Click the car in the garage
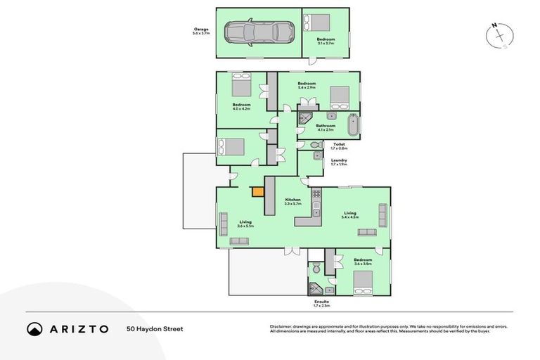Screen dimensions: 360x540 point(258,32)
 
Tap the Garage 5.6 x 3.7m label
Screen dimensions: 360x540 point(202,32)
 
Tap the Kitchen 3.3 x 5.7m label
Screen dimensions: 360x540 point(293,202)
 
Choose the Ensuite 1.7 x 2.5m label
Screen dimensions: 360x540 point(322,304)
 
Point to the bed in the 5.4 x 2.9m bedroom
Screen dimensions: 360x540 point(340,96)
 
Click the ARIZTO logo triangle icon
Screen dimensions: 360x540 point(34,328)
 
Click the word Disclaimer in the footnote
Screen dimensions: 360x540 point(281,327)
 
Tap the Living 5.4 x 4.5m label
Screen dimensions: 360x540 point(349,215)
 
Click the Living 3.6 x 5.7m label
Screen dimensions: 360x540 point(245,224)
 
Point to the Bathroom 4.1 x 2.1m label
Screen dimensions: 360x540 point(325,128)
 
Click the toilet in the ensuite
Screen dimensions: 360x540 point(316,268)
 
